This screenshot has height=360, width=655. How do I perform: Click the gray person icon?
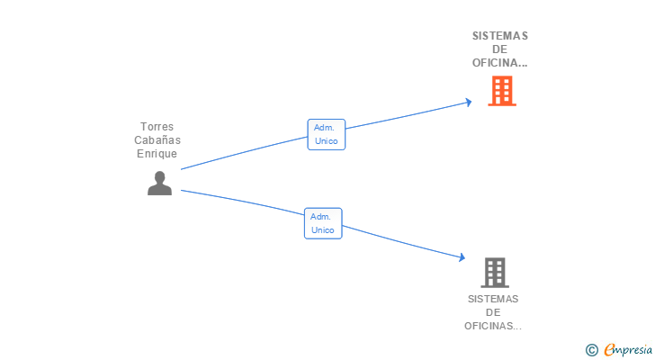click(159, 183)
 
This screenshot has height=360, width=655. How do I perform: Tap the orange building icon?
click(502, 91)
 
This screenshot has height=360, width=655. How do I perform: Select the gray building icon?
click(495, 273)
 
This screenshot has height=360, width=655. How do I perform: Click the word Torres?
click(157, 127)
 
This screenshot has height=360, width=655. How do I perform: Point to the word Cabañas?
click(157, 139)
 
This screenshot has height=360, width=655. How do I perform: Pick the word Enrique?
click(157, 154)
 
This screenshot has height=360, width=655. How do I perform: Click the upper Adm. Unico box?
click(327, 134)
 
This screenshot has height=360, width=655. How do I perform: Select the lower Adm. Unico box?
click(323, 223)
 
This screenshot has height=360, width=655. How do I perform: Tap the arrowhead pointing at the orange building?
click(469, 102)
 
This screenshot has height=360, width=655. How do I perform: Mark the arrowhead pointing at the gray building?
click(462, 256)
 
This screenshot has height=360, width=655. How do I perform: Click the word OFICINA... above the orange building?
click(499, 63)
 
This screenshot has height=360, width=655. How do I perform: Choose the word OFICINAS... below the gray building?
click(493, 326)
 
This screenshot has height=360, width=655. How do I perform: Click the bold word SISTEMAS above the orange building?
click(500, 36)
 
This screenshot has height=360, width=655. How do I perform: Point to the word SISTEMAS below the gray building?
click(493, 299)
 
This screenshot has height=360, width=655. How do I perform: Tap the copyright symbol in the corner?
click(591, 350)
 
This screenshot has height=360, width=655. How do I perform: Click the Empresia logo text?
click(628, 350)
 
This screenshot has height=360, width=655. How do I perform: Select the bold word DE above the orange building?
click(499, 49)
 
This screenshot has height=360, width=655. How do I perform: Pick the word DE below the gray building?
click(493, 312)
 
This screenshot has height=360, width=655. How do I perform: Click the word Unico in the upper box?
click(327, 141)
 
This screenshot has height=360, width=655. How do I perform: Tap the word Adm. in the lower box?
click(320, 217)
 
